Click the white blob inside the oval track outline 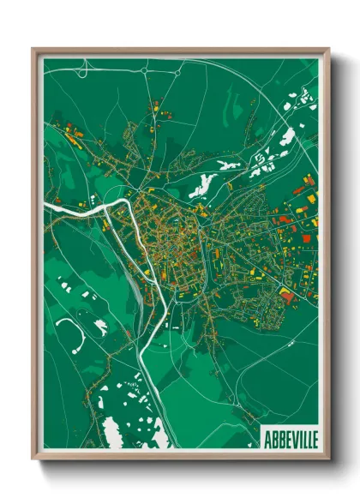100,325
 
